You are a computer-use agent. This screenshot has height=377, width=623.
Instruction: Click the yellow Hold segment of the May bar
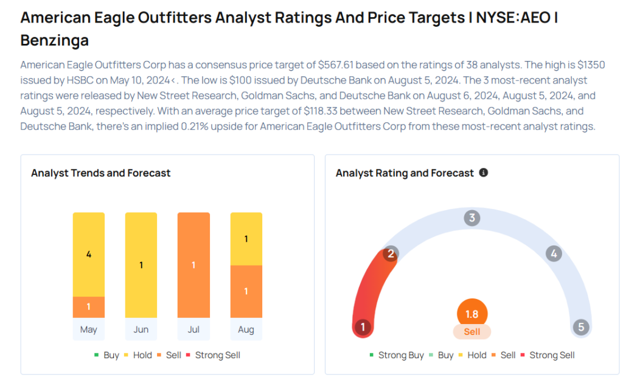89,254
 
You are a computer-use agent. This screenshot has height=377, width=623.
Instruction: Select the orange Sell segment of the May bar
89,306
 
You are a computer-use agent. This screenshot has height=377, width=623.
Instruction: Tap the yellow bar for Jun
141,265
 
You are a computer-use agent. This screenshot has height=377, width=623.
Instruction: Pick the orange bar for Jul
193,265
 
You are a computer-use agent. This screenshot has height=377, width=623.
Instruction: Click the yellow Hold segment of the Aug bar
246,239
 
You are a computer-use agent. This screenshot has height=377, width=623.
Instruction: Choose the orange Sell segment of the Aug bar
246,291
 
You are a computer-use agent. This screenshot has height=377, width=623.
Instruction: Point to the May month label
89,329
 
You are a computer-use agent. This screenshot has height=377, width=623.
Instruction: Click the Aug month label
246,329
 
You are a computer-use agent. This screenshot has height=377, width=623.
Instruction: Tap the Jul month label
193,329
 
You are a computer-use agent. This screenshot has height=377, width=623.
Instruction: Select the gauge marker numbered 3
472,218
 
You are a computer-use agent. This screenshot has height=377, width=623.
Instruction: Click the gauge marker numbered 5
581,327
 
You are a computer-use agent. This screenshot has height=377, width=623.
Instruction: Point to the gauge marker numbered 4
553,253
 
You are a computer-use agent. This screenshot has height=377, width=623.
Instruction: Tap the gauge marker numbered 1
363,327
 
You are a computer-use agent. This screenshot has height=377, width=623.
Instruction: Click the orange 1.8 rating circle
472,314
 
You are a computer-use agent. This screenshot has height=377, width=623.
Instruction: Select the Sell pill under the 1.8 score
472,332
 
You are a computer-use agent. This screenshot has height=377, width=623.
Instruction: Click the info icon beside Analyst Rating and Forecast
484,173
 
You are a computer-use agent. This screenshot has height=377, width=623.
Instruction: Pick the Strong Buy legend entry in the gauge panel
396,355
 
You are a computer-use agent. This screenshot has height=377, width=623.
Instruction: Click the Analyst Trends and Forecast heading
101,173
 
